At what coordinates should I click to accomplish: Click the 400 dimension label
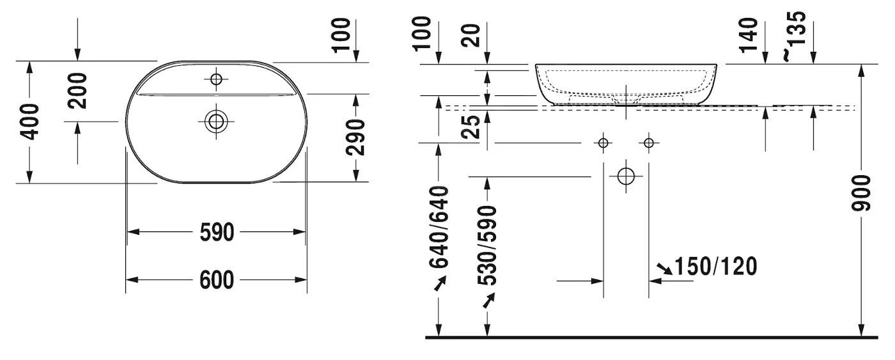pos(30,122)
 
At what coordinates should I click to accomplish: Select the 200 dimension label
pos(77,91)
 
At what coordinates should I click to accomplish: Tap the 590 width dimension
pos(217,233)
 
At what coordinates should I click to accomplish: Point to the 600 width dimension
pos(217,280)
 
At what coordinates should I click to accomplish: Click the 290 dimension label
pos(355,137)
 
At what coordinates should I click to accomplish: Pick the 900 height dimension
pos(860,193)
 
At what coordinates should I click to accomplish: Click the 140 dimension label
pos(749,35)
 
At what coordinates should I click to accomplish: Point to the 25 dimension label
pos(471,127)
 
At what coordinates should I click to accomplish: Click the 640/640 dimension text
pos(439,227)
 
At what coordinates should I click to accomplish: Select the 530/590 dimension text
pos(487,246)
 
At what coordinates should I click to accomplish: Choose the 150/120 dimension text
pos(716,267)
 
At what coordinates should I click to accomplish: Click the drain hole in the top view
pos(216,121)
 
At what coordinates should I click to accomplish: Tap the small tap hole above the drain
pos(216,79)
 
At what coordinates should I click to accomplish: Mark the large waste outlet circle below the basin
pos(626,176)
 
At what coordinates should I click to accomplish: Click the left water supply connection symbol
pos(603,143)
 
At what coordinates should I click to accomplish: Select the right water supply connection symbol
pos(648,143)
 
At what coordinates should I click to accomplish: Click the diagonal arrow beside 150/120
pos(665,269)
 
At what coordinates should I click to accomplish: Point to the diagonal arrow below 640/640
pos(440,283)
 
